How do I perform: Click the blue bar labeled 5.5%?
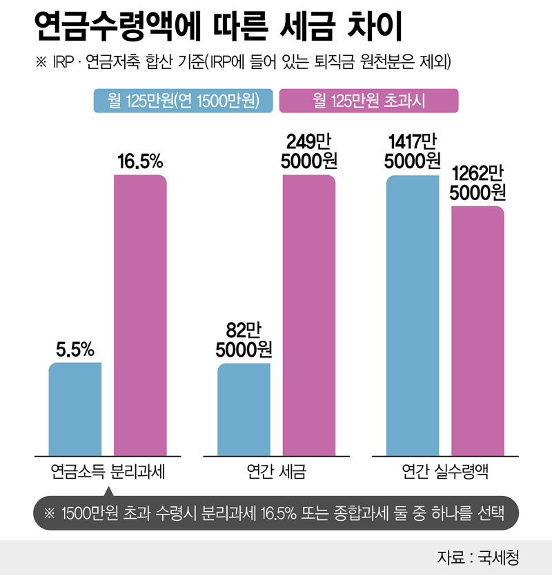coord(75,408)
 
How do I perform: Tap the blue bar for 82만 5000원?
coord(244,408)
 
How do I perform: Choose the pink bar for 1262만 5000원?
coord(477,330)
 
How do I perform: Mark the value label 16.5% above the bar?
coord(140,163)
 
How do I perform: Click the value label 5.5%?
coord(75,350)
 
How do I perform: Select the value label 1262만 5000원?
coord(477,183)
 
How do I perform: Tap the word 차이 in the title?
coord(368,31)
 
